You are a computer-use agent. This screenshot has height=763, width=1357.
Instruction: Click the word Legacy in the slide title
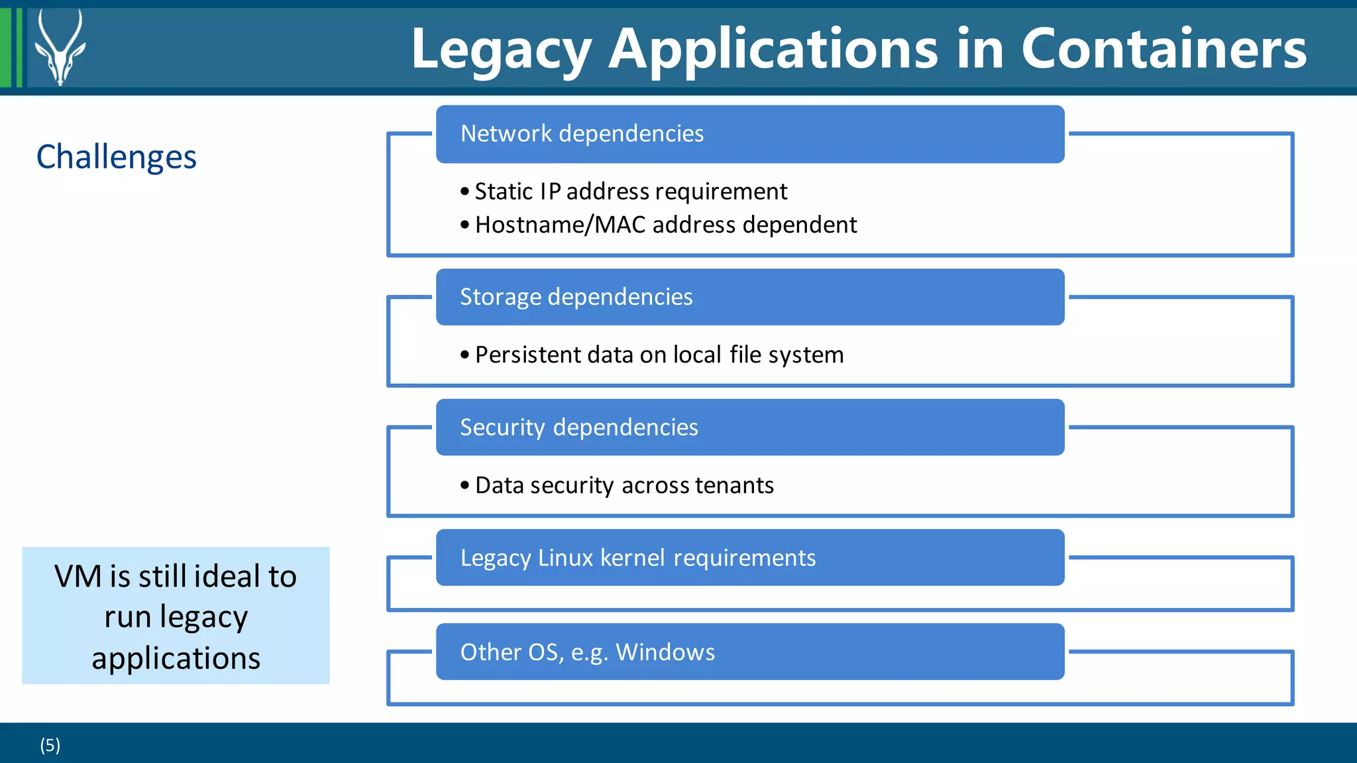pyautogui.click(x=501, y=50)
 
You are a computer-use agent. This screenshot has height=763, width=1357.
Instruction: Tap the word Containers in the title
pyautogui.click(x=1164, y=49)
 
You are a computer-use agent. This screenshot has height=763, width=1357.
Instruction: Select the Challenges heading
pyautogui.click(x=117, y=157)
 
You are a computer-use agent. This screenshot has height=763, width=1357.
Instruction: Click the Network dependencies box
pyautogui.click(x=749, y=134)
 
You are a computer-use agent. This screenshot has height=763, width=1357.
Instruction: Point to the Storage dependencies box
pyautogui.click(x=749, y=297)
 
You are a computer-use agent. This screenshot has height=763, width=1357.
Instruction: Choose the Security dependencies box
pyautogui.click(x=749, y=428)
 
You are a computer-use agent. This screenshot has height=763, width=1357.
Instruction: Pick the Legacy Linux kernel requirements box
pyautogui.click(x=749, y=558)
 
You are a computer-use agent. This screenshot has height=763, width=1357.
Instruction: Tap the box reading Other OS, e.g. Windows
pyautogui.click(x=749, y=652)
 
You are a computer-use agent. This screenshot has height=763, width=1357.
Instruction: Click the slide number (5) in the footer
pyautogui.click(x=50, y=745)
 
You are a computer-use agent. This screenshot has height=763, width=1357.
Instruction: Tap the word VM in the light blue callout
pyautogui.click(x=78, y=577)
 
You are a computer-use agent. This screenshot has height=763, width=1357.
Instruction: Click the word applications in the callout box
pyautogui.click(x=176, y=658)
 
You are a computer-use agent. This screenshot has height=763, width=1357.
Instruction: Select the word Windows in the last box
pyautogui.click(x=665, y=652)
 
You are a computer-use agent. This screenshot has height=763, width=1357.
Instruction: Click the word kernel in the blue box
pyautogui.click(x=632, y=558)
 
